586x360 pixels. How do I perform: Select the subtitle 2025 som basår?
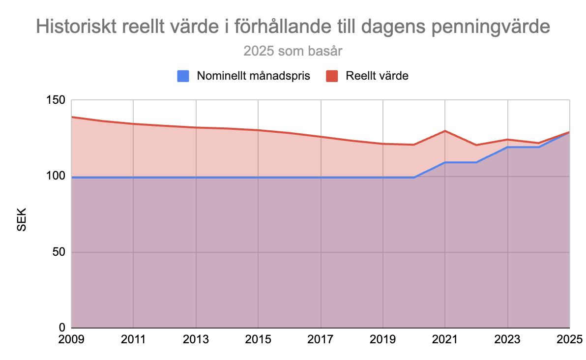(293, 51)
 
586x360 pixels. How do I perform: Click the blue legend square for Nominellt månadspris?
(183, 76)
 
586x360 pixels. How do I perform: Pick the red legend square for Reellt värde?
(332, 76)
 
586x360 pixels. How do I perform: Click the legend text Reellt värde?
(377, 76)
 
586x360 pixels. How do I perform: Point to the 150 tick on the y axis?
(55, 100)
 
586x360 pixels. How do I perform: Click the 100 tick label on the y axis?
(55, 176)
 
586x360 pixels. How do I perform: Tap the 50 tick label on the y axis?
(58, 252)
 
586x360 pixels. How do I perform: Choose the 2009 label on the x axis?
(72, 339)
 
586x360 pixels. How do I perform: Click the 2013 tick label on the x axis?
(196, 339)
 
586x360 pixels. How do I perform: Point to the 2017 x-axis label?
(321, 339)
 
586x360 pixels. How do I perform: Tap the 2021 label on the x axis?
(445, 339)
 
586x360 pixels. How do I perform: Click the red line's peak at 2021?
(445, 131)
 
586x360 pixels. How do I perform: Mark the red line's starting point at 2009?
(72, 117)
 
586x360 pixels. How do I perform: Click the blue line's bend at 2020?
(414, 177)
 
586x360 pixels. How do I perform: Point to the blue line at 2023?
(507, 147)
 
